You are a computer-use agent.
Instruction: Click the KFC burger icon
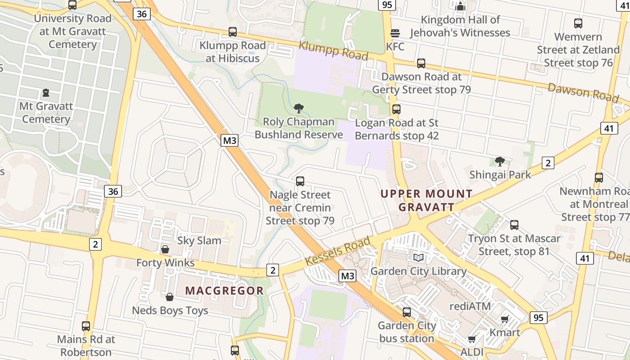tap(395, 33)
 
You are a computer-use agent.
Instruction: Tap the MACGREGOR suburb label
tap(224, 291)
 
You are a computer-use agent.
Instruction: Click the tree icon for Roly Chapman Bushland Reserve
tap(298, 108)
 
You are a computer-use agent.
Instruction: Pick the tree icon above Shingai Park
tap(499, 161)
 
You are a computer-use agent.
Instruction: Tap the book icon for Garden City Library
tap(418, 258)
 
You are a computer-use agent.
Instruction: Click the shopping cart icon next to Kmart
tap(504, 319)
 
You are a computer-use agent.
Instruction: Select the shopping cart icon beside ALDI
tap(472, 339)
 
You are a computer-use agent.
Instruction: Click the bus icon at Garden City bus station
tap(407, 312)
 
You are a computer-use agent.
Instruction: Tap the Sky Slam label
tap(199, 241)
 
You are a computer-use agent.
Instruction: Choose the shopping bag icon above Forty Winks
tap(165, 249)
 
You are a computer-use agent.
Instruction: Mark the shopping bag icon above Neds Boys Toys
tap(170, 297)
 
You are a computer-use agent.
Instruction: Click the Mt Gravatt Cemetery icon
tap(45, 93)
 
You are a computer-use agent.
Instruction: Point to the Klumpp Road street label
tap(333, 50)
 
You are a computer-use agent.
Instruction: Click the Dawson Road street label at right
tap(583, 92)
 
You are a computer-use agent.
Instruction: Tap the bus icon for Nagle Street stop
tap(300, 181)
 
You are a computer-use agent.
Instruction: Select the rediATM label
tap(470, 306)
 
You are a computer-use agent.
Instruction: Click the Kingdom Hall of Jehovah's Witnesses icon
tap(460, 6)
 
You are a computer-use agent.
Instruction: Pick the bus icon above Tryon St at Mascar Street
tap(514, 225)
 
